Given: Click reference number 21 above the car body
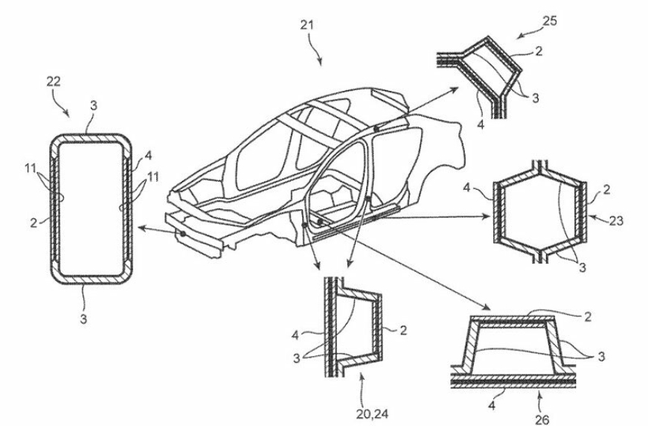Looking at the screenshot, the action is (x=307, y=25).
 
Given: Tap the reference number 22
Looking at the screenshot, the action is (x=53, y=81).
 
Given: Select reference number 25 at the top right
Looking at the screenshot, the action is (x=550, y=21).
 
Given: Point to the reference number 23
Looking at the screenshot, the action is (x=616, y=221).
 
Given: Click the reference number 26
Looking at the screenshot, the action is (x=542, y=420).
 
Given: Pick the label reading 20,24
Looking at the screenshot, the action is (x=372, y=413).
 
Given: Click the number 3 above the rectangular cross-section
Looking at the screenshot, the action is (x=94, y=106).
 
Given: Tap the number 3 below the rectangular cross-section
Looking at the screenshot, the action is (x=83, y=319).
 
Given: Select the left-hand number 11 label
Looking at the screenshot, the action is (x=31, y=169).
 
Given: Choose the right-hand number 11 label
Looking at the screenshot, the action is (x=153, y=177).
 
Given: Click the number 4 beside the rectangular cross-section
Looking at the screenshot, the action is (x=148, y=156).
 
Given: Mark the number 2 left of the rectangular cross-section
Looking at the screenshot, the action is (x=33, y=223).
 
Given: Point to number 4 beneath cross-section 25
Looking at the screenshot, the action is (x=480, y=124).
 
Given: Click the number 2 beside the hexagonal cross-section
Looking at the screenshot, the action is (x=606, y=190).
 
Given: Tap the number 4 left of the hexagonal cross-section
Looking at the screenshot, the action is (x=466, y=188).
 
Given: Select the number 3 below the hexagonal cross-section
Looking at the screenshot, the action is (x=583, y=267).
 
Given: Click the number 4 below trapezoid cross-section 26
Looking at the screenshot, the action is (x=492, y=406).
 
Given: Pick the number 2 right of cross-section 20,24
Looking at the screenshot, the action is (x=403, y=330).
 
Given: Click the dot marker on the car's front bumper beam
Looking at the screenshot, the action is (x=182, y=234).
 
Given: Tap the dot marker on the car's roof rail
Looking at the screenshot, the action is (x=376, y=129).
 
